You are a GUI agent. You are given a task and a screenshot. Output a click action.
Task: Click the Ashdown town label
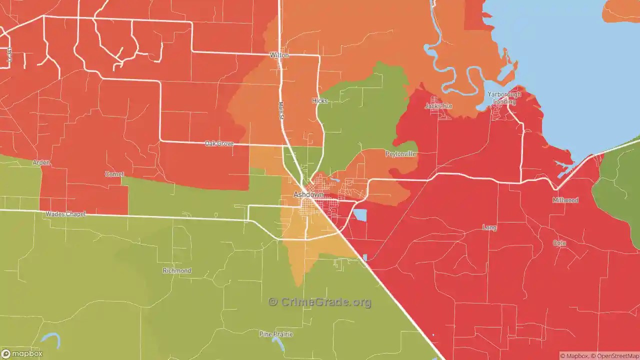[308, 194]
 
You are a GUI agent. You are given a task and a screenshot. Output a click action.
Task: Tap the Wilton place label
[279, 55]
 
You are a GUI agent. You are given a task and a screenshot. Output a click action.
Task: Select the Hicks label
[319, 100]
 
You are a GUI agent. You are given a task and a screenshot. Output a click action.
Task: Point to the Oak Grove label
[219, 143]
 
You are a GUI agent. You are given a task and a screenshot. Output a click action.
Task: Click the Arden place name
[41, 162]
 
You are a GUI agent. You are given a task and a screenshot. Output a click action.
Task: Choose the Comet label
[114, 174]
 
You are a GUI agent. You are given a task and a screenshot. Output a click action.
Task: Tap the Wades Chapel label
[65, 214]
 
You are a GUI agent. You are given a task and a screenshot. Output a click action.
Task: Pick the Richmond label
[177, 270]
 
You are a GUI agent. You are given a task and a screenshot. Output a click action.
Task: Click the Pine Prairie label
[276, 333]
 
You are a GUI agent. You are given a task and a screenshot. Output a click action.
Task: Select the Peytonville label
[400, 154]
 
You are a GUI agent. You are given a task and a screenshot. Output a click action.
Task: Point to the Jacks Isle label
[438, 106]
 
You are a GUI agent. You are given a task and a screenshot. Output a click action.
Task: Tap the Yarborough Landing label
[504, 98]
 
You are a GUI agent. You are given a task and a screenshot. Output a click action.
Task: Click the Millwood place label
[565, 200]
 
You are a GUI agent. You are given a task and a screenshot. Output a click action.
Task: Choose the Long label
[489, 227]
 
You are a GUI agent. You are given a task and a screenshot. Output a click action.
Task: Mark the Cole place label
[559, 243]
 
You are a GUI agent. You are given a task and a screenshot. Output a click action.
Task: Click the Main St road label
[280, 110]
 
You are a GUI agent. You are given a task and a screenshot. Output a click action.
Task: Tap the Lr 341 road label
[9, 55]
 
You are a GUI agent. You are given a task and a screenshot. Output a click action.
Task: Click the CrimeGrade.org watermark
[320, 302]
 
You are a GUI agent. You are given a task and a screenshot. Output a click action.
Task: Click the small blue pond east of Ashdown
[359, 215]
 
